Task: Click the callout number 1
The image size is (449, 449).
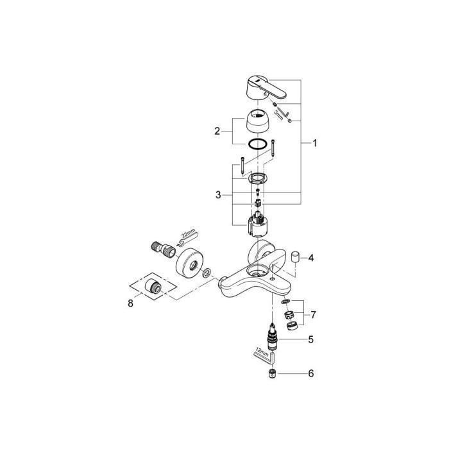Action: tap(314, 144)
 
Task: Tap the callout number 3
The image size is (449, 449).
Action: tap(217, 194)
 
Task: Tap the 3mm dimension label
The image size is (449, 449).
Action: tap(279, 114)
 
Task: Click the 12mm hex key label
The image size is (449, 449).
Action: tap(261, 352)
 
